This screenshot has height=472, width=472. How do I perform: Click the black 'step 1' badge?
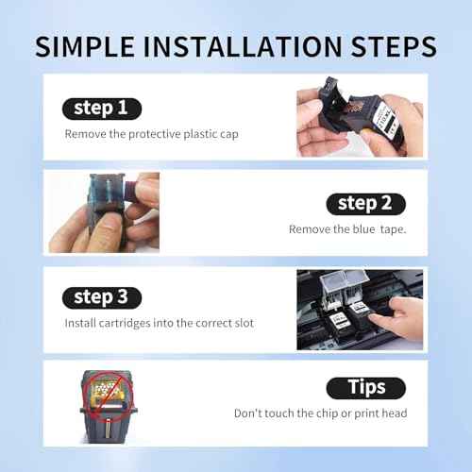tap(101, 109)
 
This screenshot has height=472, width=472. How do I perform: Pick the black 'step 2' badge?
tap(365, 204)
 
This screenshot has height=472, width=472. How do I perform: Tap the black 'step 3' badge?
tap(101, 297)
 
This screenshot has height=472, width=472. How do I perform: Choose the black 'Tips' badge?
tap(365, 388)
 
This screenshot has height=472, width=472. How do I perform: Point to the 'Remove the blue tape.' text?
tap(346, 229)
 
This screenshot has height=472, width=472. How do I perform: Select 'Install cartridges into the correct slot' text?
tap(159, 323)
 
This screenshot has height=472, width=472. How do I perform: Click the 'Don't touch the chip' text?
tap(320, 413)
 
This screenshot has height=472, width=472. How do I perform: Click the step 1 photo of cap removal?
tap(359, 119)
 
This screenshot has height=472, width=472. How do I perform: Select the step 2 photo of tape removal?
tap(104, 212)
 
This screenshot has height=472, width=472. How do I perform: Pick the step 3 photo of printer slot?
tap(359, 309)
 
